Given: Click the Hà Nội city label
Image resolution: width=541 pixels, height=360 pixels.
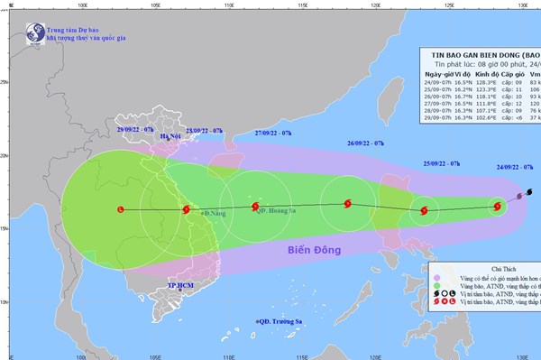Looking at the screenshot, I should pyautogui.click(x=170, y=150).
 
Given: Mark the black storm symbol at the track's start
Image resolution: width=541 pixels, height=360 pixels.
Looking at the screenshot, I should pyautogui.click(x=528, y=191).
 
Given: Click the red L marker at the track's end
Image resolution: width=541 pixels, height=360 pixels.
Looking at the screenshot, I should pyautogui.click(x=122, y=209).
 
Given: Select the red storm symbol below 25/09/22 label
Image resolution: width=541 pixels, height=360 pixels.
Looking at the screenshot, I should pyautogui.click(x=424, y=212).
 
